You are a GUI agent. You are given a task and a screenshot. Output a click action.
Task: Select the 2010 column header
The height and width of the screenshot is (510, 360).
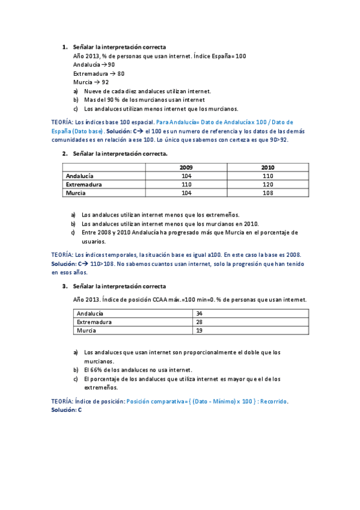(267, 167)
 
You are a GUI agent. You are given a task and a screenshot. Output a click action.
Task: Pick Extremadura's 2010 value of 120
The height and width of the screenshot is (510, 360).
(267, 184)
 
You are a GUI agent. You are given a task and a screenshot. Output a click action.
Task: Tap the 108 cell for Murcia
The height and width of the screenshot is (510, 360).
(267, 192)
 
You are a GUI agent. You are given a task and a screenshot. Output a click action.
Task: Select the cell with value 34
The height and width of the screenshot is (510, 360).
(200, 313)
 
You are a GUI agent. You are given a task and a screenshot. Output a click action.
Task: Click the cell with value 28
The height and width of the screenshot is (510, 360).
(200, 322)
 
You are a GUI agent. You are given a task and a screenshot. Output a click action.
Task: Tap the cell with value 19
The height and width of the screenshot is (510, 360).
(200, 330)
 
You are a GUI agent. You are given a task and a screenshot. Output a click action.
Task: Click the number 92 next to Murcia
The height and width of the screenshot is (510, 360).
(105, 82)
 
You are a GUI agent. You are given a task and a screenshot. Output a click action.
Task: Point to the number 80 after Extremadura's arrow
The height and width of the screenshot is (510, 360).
(121, 73)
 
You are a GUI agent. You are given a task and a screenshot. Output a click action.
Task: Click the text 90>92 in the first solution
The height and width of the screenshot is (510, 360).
(278, 140)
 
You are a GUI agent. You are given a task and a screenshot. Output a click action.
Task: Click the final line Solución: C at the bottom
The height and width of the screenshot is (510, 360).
(66, 409)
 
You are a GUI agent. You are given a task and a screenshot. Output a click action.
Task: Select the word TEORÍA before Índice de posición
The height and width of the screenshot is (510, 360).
(63, 401)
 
